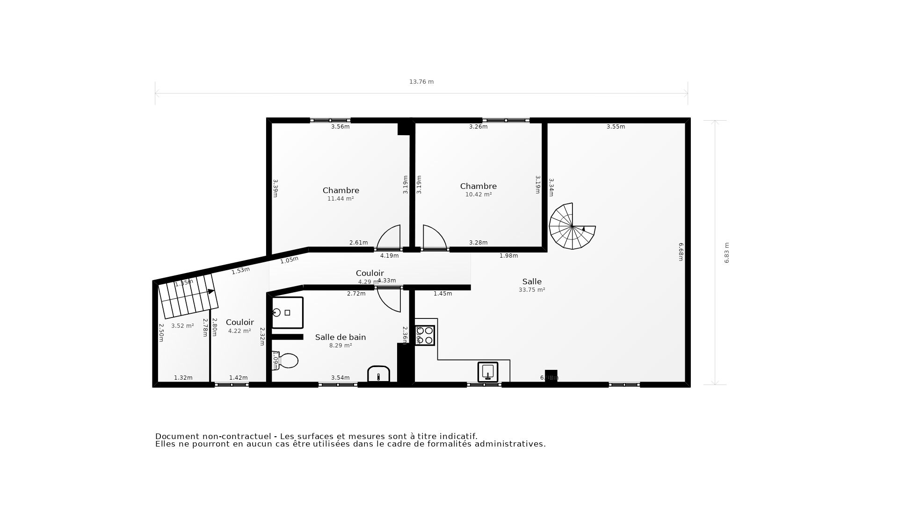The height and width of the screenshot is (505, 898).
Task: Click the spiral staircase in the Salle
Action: (572, 226)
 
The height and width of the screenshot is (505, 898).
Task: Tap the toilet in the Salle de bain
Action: (286, 361)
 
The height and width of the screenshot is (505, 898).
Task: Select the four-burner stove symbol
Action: (425, 335)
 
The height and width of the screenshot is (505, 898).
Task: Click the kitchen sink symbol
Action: (488, 372)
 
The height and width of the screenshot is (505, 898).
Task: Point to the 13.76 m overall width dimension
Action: (421, 82)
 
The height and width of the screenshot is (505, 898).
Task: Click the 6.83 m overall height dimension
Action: (727, 253)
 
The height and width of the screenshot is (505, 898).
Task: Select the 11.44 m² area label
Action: (340, 199)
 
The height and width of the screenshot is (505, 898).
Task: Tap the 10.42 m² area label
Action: (478, 195)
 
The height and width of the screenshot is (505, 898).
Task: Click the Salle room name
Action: (532, 281)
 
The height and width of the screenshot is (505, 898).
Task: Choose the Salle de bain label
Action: (340, 337)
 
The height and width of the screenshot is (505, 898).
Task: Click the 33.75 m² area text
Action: (532, 290)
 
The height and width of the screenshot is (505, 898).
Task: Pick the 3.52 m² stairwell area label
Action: (182, 326)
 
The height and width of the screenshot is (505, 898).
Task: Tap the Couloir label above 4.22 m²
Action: (240, 322)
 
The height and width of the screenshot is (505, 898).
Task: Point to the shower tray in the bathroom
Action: (287, 312)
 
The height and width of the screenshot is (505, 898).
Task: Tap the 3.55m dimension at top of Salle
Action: (616, 127)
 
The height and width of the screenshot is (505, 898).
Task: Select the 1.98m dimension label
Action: (508, 256)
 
